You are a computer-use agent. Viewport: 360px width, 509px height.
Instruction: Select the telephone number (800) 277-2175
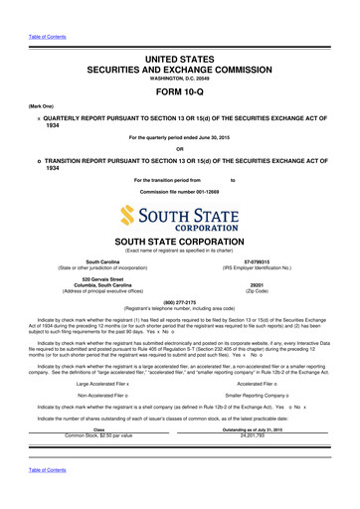[180, 301]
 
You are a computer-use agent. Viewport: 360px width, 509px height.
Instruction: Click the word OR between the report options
[180, 151]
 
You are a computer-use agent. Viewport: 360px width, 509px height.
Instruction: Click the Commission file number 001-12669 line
[180, 190]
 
